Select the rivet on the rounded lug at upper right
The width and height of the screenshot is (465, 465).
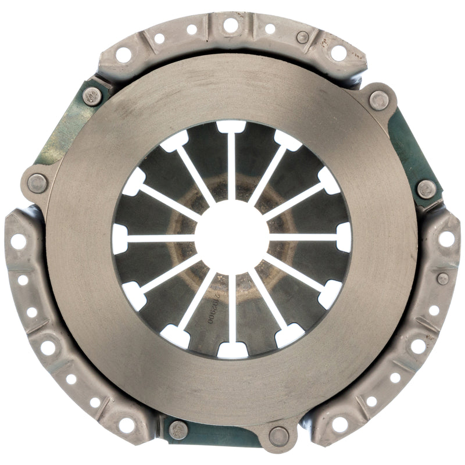click(379, 100)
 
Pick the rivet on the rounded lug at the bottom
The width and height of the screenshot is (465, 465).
click(279, 435)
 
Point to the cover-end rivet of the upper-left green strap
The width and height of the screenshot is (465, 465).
click(92, 95)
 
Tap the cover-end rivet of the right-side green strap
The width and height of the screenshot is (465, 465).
click(427, 188)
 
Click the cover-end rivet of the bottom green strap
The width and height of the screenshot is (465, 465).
click(179, 430)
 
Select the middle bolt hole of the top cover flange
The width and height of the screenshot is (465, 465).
click(230, 25)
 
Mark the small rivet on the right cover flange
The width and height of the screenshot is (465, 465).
click(443, 278)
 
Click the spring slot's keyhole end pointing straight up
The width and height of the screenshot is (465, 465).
click(231, 126)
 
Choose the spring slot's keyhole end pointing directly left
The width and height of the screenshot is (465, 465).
click(120, 238)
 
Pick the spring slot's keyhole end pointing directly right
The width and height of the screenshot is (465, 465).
click(344, 237)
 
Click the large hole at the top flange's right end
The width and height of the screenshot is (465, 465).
click(339, 53)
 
